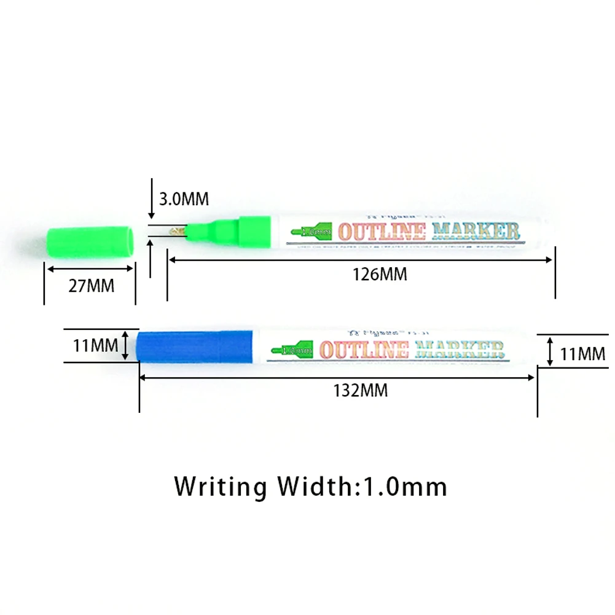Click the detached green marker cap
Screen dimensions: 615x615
(90, 240)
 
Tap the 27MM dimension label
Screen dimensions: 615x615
(91, 286)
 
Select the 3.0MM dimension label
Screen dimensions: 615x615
(184, 199)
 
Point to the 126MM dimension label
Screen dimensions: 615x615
(380, 274)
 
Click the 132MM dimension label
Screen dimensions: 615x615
(361, 390)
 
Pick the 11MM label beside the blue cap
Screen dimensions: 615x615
(95, 345)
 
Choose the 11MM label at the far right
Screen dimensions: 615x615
(583, 354)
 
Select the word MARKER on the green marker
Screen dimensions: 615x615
(476, 232)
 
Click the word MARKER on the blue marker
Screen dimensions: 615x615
(459, 350)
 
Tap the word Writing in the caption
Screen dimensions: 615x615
(220, 487)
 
